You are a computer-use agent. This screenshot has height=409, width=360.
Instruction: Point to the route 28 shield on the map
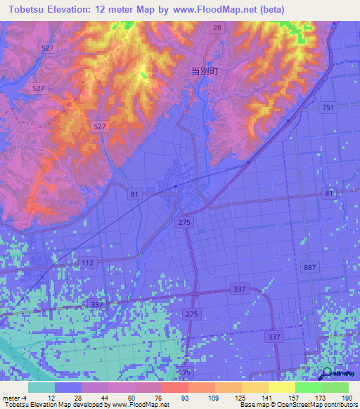217,27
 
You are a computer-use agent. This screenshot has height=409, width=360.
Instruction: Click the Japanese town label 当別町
202,71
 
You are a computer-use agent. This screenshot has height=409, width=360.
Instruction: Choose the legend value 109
205,397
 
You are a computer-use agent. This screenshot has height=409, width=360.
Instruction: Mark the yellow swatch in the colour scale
281,387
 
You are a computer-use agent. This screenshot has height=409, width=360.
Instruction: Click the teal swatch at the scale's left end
41,387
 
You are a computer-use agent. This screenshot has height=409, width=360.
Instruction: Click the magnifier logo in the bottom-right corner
326,374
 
